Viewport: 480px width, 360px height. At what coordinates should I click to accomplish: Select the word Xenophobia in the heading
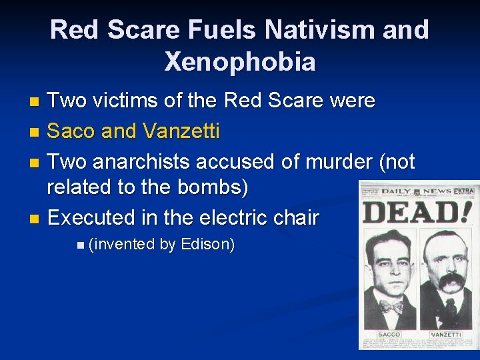pyautogui.click(x=240, y=62)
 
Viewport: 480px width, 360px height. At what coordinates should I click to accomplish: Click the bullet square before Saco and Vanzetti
pyautogui.click(x=35, y=133)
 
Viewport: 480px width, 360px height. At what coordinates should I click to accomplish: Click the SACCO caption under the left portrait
pyautogui.click(x=389, y=334)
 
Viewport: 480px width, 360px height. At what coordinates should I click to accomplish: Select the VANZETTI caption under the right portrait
pyautogui.click(x=445, y=334)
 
